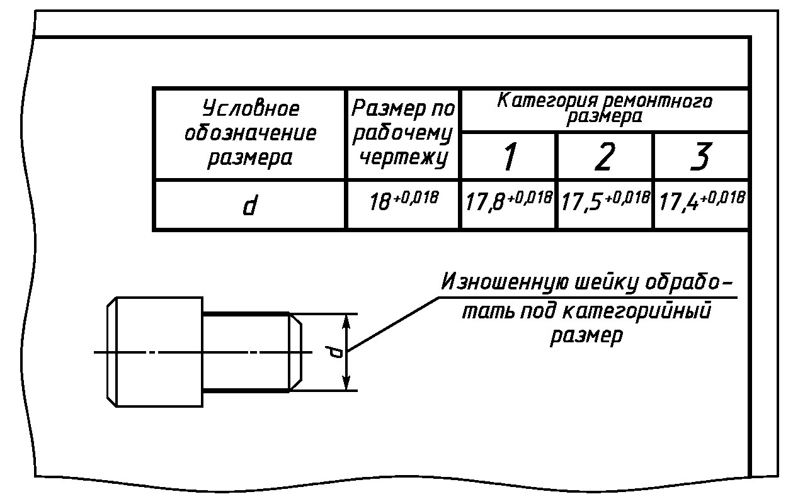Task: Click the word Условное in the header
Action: tap(251, 109)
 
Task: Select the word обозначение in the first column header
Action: tap(251, 133)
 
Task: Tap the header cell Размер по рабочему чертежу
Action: tap(403, 133)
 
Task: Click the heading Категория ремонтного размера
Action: tap(605, 108)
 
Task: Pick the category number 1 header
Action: tap(509, 157)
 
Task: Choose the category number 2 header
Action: tap(605, 157)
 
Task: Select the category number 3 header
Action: tap(700, 157)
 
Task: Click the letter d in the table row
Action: tap(250, 205)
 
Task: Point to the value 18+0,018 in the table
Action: tap(403, 203)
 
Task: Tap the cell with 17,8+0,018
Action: tap(509, 203)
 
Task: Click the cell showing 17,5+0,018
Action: tap(605, 203)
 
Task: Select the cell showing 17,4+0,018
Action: tap(700, 203)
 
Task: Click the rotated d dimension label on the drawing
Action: tap(337, 352)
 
